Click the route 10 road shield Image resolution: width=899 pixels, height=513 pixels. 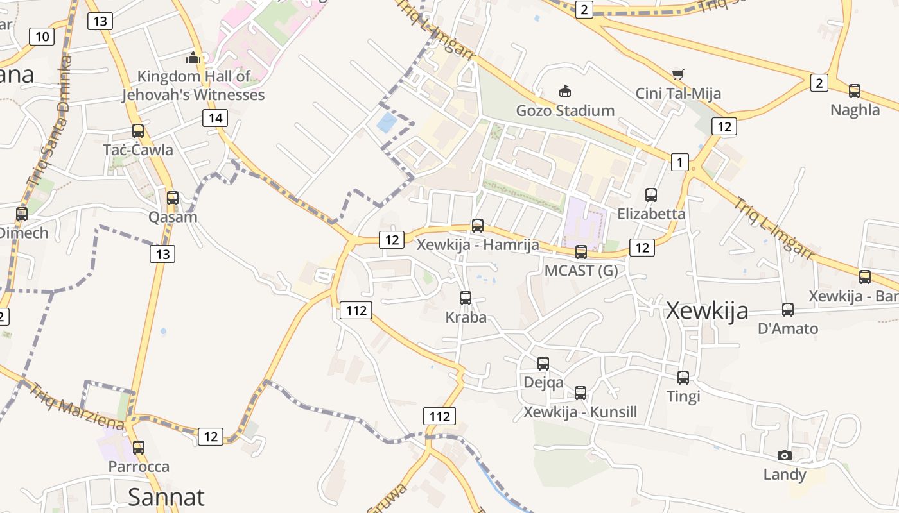coord(42,37)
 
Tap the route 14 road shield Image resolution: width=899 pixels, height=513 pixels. coord(215,118)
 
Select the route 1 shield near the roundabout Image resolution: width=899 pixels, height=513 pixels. coord(679,162)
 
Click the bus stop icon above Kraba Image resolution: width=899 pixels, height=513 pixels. coord(466,298)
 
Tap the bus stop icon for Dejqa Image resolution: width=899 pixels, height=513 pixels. coord(543,364)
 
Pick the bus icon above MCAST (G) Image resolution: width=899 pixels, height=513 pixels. coord(581,251)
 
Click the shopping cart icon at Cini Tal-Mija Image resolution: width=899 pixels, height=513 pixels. coord(677,74)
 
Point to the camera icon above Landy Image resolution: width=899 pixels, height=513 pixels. coord(784,455)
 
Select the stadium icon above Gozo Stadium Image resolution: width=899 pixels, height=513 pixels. coord(565,91)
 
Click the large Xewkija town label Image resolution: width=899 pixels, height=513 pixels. coord(707,310)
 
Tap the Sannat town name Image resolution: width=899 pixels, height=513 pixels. coord(166,497)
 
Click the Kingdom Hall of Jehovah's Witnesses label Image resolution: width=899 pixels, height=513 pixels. coord(193,86)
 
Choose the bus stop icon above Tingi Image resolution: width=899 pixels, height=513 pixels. coord(683,378)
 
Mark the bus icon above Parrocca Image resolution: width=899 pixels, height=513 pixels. coord(139,448)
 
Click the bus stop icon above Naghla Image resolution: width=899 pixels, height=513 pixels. coord(855,91)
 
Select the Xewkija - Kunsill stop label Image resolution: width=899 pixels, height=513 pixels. coord(580,412)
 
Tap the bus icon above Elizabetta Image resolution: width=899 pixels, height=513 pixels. coord(651,194)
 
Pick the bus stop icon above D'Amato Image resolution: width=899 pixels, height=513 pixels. coord(788,310)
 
